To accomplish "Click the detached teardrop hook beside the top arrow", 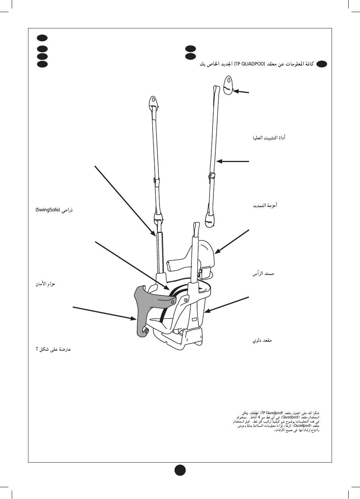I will point(228,86).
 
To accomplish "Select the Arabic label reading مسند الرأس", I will point(263,273).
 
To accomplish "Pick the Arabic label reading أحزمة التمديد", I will point(265,205).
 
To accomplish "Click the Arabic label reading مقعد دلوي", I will point(262,341).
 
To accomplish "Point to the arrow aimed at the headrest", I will point(232,241).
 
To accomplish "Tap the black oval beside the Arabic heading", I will point(322,64).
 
